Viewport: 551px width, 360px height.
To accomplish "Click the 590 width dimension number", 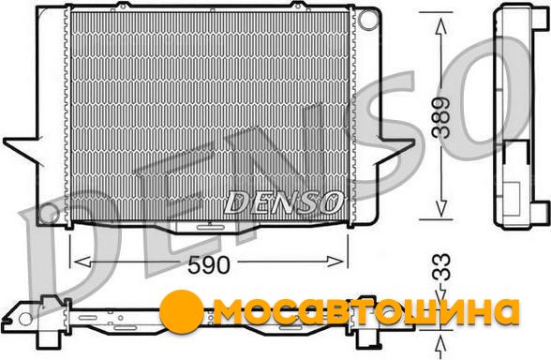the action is [209, 265].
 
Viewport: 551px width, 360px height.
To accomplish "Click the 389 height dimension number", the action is [441, 117].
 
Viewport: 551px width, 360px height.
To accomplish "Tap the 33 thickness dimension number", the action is [441, 267].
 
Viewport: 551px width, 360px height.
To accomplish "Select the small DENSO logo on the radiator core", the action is [283, 202].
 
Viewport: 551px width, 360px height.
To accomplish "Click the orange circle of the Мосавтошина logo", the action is [181, 311].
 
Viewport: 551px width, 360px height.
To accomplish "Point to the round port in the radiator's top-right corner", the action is [367, 20].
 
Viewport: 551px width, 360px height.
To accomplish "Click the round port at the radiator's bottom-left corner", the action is [49, 213].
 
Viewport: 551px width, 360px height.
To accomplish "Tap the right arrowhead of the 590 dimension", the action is [335, 262].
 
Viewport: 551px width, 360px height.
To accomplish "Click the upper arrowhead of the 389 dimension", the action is [440, 26].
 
